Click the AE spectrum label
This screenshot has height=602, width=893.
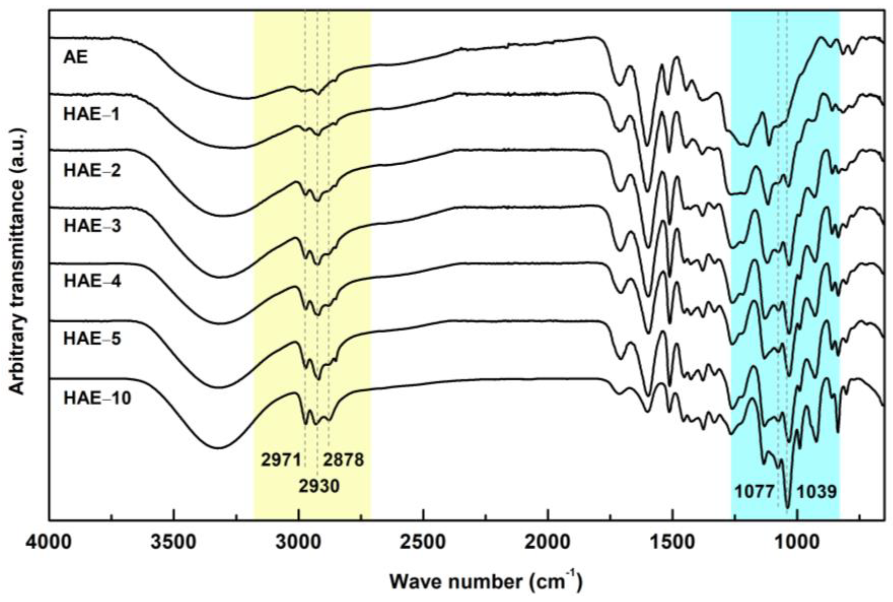click(76, 57)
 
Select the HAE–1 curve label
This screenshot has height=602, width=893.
click(92, 114)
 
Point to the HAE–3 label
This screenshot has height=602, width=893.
click(92, 226)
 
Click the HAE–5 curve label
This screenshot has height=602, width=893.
click(92, 339)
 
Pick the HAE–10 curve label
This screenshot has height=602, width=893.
click(97, 398)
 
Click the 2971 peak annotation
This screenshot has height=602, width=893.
click(281, 460)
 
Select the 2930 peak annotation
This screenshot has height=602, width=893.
click(319, 486)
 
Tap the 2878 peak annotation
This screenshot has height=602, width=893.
click(343, 460)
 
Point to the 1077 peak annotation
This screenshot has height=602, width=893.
click(754, 492)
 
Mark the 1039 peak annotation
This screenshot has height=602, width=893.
click(817, 492)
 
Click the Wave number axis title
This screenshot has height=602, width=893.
click(486, 582)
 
